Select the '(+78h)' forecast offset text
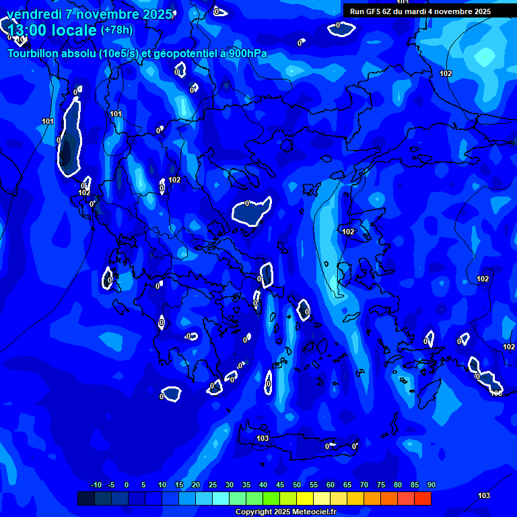point(116,30)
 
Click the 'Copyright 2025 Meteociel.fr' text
point(285,512)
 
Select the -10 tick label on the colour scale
point(96,485)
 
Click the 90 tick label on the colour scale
point(431,485)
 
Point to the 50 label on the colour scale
point(297,485)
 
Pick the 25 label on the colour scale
point(213,485)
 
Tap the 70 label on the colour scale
point(364,485)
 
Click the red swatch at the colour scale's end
point(423,498)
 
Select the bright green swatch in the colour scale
point(271,498)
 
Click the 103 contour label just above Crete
point(263,438)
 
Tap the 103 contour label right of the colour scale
point(483,495)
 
